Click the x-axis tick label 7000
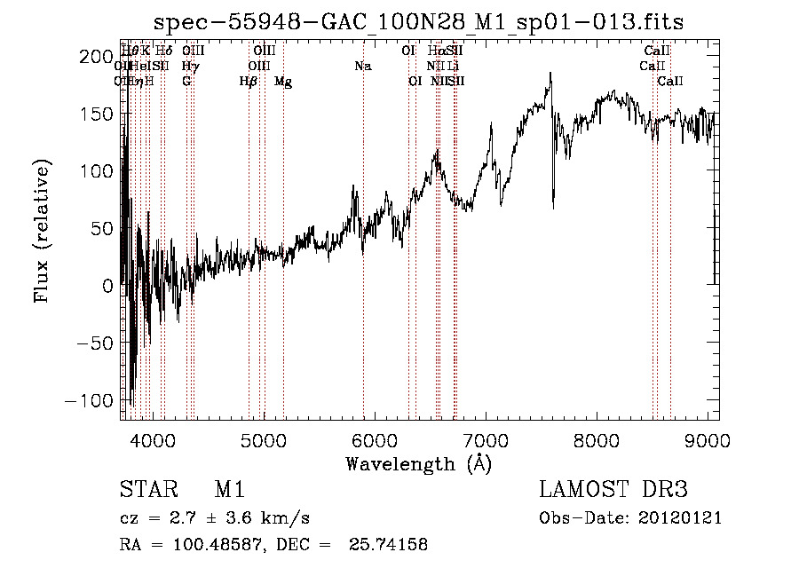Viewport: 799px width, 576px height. [x=486, y=439]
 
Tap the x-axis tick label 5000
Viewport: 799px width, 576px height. [x=263, y=439]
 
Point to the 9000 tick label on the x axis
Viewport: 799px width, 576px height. [x=708, y=439]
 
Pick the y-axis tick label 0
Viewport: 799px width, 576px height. [x=108, y=286]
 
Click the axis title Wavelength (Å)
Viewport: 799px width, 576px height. [x=418, y=463]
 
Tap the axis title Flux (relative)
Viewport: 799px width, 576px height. [x=43, y=231]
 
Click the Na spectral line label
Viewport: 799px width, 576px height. [x=362, y=66]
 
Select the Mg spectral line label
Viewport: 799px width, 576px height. [x=283, y=82]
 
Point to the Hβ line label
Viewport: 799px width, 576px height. [x=249, y=82]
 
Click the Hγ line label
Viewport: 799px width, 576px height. [x=190, y=66]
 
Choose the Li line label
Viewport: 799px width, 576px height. [x=454, y=66]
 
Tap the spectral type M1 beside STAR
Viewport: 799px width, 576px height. [x=229, y=490]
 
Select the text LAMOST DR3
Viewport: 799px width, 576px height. [x=613, y=490]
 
